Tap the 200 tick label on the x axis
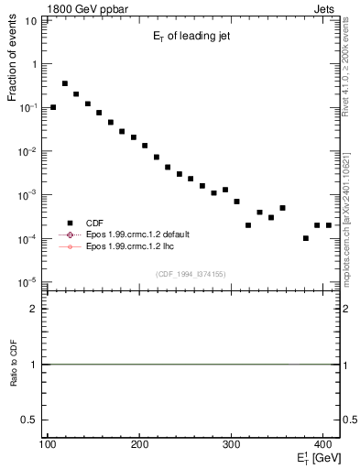(140, 444)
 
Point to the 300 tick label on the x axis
(233, 444)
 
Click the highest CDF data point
(65, 83)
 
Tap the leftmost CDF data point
(53, 107)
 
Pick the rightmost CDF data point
(328, 224)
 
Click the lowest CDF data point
(306, 238)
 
